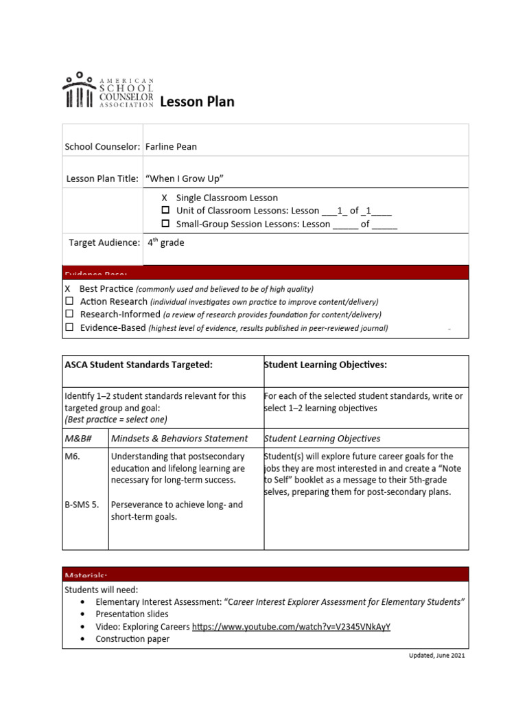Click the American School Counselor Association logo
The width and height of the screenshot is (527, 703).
coord(108,91)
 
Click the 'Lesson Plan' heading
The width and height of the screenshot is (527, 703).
coord(197,102)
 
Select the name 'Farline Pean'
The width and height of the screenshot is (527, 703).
coord(171,146)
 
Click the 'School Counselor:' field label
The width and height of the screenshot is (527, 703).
coord(102,146)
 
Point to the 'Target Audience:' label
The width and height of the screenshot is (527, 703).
coord(104,242)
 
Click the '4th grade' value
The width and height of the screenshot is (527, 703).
coord(166,242)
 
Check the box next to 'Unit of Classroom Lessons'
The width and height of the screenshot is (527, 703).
coord(165,211)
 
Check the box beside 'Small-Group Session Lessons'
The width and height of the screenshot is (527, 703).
coord(165,224)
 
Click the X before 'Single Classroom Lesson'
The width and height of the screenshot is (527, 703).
coord(165,198)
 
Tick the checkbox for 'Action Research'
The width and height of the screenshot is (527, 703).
coord(69,301)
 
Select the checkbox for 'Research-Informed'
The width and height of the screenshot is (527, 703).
coord(69,314)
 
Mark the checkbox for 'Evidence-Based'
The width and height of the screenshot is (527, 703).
coord(69,327)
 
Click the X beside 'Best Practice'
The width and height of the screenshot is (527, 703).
coord(68,289)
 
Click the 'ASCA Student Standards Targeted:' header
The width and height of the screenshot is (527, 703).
coord(139,365)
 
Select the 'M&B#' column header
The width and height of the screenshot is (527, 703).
coord(78,438)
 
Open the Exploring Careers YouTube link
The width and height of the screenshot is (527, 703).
coord(291,627)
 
